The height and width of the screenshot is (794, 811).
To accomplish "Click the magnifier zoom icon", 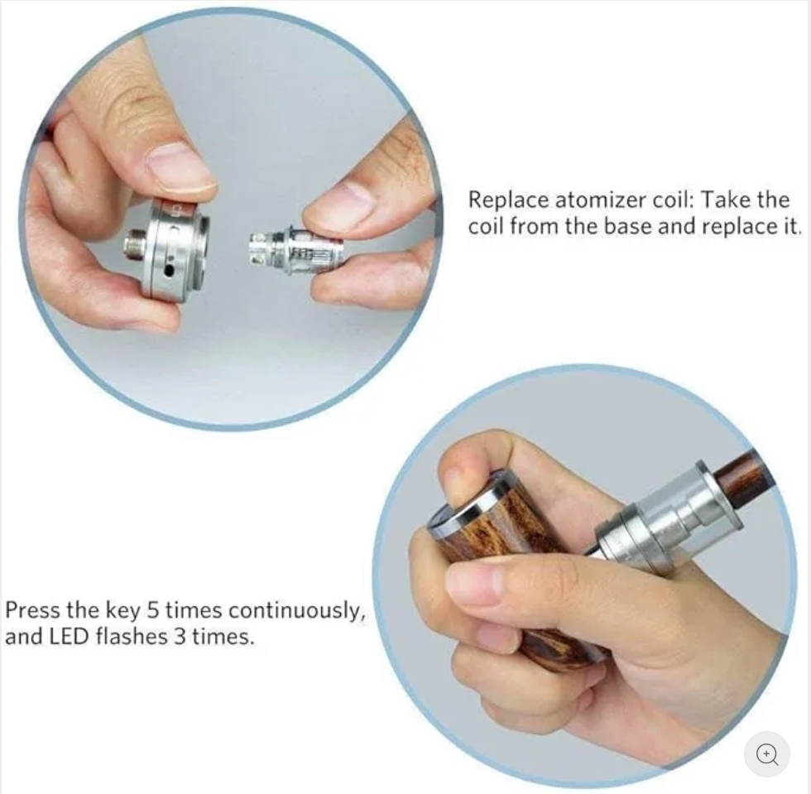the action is click(x=767, y=754).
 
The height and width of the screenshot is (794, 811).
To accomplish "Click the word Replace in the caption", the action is click(x=508, y=200).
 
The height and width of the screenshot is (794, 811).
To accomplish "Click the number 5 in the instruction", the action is click(x=152, y=610).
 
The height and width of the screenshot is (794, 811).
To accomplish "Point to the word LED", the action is click(x=70, y=636).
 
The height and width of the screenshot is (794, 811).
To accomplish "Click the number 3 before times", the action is click(x=179, y=636).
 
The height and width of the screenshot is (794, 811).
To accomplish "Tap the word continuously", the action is click(x=296, y=611).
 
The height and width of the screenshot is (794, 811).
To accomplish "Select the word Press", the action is click(x=32, y=610).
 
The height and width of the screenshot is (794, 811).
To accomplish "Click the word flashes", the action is click(x=132, y=636).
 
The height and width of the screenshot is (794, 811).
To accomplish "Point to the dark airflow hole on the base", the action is click(x=168, y=270).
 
